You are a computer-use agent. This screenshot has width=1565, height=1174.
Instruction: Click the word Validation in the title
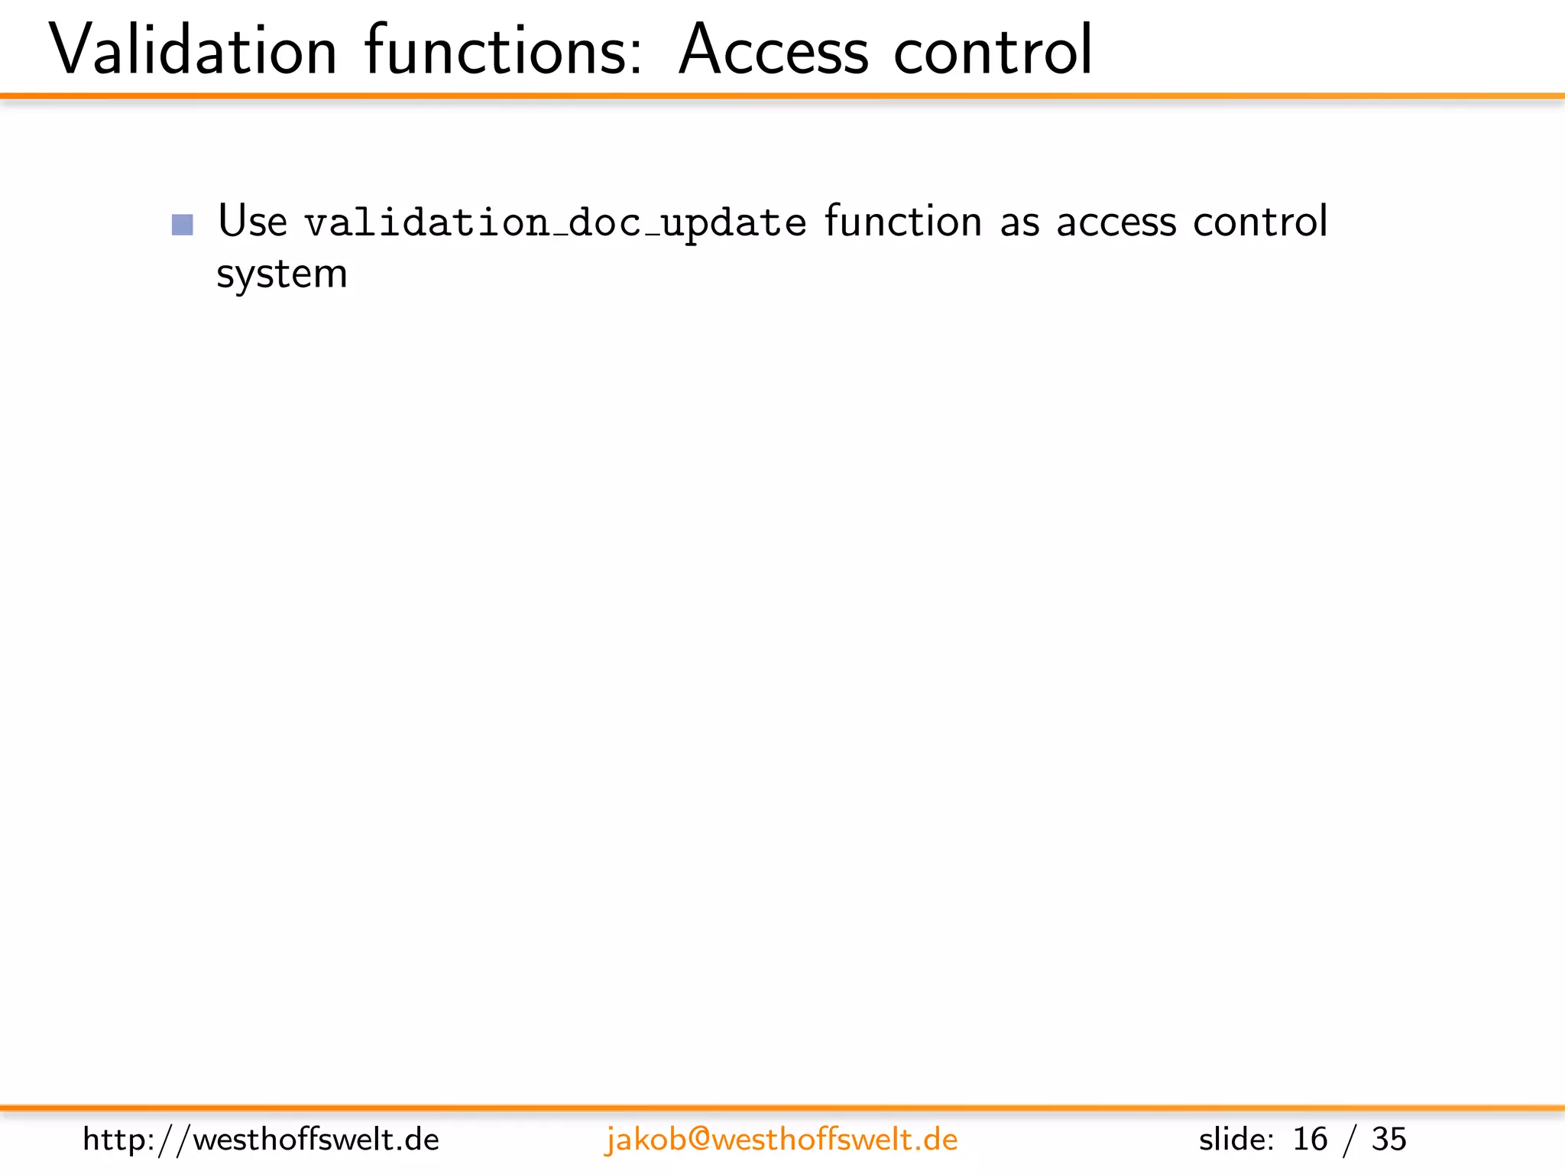coord(193,50)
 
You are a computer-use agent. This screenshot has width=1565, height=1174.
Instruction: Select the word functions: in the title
coord(504,50)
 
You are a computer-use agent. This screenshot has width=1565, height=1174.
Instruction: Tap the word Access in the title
coord(773,50)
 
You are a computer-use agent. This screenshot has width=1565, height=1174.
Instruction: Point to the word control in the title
coord(993,50)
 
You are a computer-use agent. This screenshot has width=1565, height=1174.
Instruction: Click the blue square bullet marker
coord(183,225)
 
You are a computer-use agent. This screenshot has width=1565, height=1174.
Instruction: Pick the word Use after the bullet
coord(252,222)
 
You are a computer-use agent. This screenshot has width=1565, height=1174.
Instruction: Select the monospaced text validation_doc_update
coord(556,223)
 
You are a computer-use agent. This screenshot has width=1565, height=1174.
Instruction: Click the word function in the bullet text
coord(903,222)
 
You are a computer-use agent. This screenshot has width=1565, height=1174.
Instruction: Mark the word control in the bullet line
coord(1260,222)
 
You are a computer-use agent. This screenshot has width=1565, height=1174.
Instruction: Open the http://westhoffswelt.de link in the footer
coord(261,1140)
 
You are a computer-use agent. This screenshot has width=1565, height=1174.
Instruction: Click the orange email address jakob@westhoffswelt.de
coord(781,1140)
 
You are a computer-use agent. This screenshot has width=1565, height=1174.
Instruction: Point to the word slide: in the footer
coord(1236,1140)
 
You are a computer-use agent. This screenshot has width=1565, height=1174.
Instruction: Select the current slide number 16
coord(1310,1140)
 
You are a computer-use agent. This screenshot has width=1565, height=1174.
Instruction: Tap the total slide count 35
coord(1388,1140)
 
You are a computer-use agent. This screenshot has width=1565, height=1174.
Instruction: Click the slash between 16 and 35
coord(1350,1140)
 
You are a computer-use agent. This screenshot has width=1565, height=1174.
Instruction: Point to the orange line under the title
coord(782,96)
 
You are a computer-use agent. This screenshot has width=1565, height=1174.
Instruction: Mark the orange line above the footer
coord(782,1108)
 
